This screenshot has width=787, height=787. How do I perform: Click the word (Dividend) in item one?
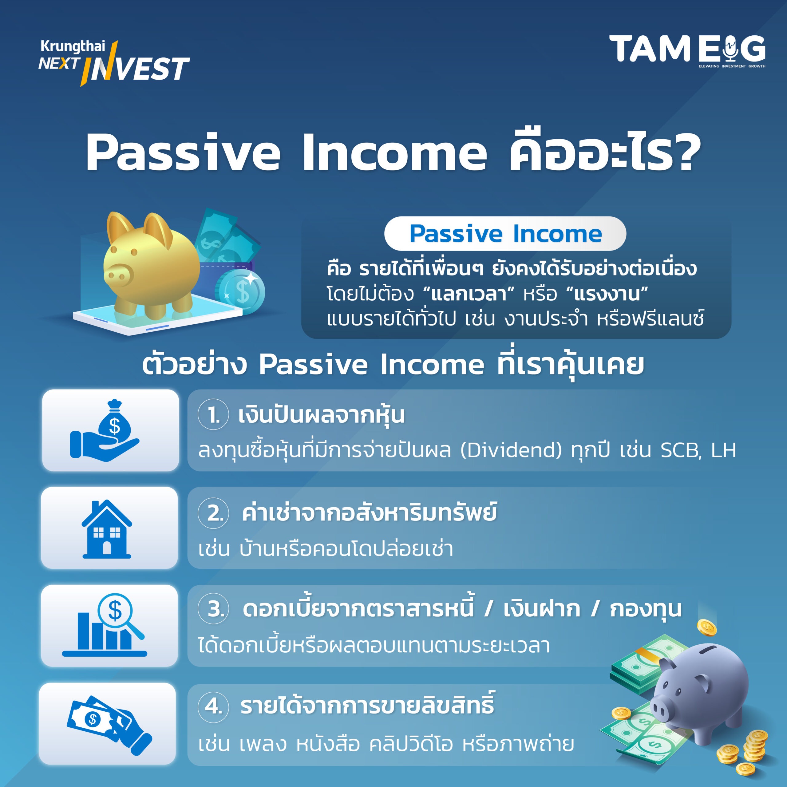pos(511,450)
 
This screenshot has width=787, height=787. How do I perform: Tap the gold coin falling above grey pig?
pos(707,628)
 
